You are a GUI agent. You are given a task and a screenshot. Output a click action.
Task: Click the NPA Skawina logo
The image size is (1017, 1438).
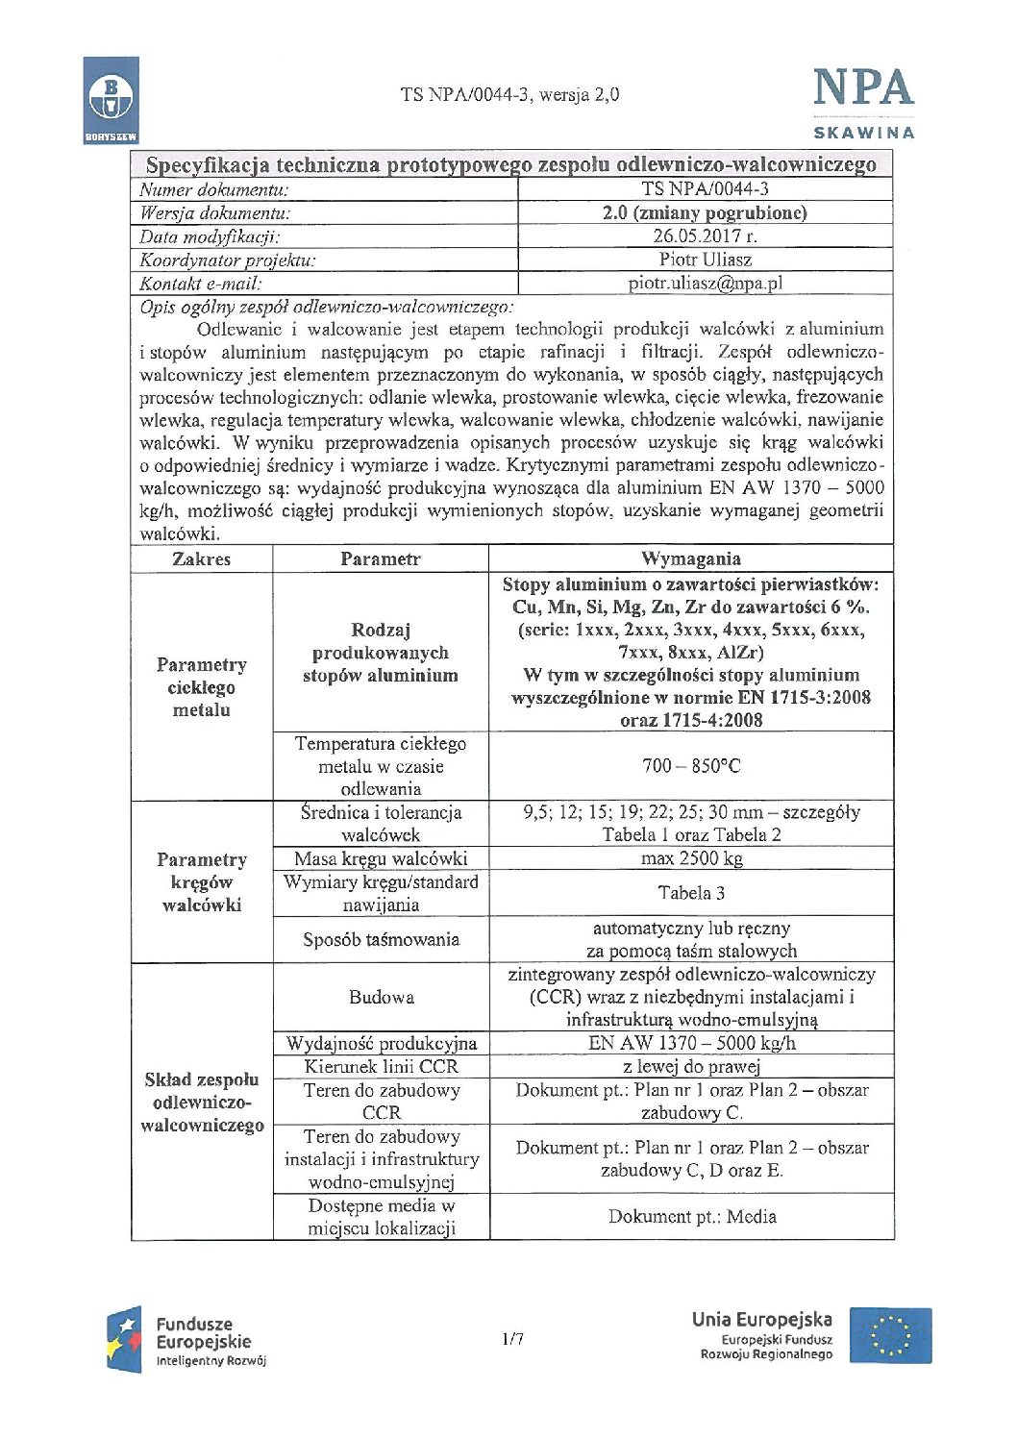point(863,102)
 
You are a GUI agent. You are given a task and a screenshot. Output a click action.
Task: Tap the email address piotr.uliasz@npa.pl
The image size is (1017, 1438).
point(705,283)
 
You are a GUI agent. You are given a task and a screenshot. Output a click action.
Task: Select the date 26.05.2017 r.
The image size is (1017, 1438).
point(705,236)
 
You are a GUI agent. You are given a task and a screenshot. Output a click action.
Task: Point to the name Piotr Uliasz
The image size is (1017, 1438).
point(705,260)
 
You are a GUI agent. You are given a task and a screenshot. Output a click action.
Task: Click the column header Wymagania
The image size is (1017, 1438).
point(690,558)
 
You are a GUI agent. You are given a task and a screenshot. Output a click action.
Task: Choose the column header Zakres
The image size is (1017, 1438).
point(201,558)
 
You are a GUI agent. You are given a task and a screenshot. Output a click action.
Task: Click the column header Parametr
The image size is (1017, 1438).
point(381,558)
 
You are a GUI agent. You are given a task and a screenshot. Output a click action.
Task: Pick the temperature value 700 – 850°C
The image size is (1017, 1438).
point(690,766)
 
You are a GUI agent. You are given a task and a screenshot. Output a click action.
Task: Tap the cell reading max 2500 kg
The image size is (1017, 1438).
point(690,858)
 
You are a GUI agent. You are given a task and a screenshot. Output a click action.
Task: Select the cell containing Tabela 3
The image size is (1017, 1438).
point(690,893)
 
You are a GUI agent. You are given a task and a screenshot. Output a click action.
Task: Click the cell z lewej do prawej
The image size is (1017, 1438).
point(690,1066)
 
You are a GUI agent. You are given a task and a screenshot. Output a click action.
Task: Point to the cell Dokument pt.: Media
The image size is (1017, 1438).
point(691,1216)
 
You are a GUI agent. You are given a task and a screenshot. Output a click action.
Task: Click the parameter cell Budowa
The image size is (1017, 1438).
point(381,997)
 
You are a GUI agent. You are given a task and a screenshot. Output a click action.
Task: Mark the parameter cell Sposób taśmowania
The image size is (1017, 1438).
point(381,939)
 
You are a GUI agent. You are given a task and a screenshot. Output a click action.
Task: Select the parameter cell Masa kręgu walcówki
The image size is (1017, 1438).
point(381,858)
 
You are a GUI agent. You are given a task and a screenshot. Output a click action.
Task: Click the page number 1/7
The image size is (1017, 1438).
point(512,1338)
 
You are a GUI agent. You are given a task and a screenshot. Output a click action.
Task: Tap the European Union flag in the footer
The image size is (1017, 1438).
point(890,1335)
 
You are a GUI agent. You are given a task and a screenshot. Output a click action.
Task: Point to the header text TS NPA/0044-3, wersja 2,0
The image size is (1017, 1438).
point(509,94)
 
